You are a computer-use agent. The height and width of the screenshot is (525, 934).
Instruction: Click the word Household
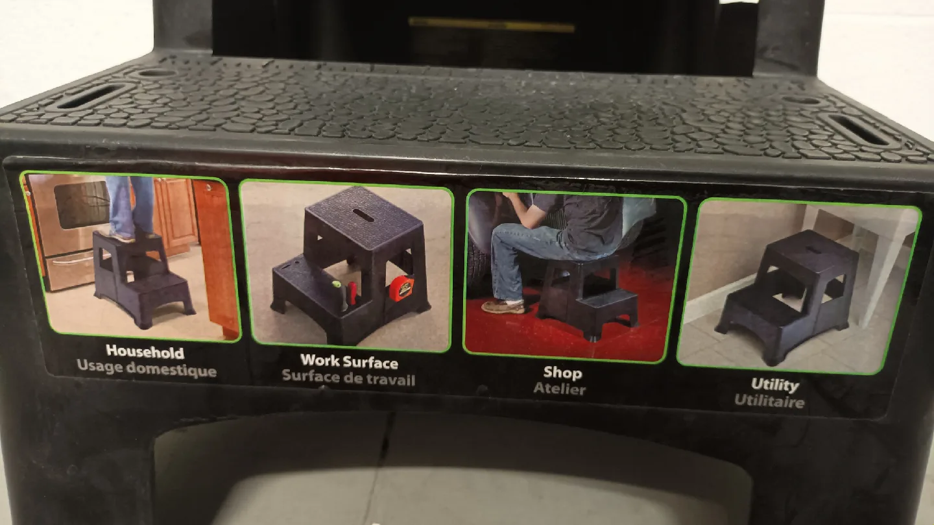[145, 352]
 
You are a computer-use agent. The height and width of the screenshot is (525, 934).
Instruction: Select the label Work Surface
[349, 361]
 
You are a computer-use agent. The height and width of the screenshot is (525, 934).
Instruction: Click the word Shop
[562, 373]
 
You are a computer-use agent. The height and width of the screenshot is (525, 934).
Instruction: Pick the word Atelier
[559, 389]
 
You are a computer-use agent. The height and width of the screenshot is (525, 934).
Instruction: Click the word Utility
[774, 384]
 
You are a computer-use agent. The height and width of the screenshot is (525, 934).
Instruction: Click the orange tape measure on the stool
[400, 287]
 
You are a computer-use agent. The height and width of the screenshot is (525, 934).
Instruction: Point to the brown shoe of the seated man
[503, 305]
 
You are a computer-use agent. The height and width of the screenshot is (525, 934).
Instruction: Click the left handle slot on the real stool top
[94, 96]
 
